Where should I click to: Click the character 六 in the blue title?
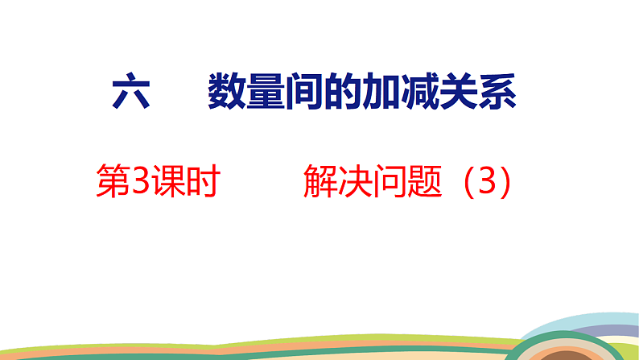tap(131, 93)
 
